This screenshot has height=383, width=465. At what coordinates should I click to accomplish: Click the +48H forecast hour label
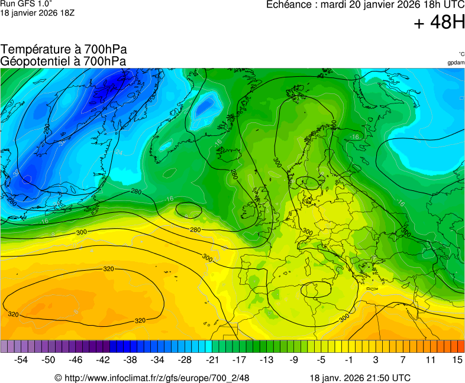pyautogui.click(x=439, y=24)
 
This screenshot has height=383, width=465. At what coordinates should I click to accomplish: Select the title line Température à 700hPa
pyautogui.click(x=64, y=50)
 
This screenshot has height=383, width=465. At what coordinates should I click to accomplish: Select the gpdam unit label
pyautogui.click(x=456, y=62)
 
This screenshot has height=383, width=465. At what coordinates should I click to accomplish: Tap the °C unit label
pyautogui.click(x=461, y=54)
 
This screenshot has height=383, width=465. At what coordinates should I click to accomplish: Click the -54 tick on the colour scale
pyautogui.click(x=21, y=359)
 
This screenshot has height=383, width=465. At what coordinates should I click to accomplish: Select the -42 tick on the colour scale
pyautogui.click(x=103, y=359)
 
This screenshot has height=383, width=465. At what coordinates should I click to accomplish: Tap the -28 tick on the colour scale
pyautogui.click(x=185, y=359)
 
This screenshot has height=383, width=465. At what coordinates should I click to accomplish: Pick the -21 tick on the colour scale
pyautogui.click(x=212, y=359)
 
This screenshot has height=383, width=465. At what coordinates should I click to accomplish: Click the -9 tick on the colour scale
pyautogui.click(x=293, y=359)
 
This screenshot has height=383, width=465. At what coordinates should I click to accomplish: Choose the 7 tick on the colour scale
pyautogui.click(x=403, y=359)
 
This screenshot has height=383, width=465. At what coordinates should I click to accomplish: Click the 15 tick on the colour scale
pyautogui.click(x=457, y=359)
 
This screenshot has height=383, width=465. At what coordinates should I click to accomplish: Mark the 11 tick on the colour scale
pyautogui.click(x=430, y=359)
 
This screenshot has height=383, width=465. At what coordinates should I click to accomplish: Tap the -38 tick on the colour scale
pyautogui.click(x=130, y=359)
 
